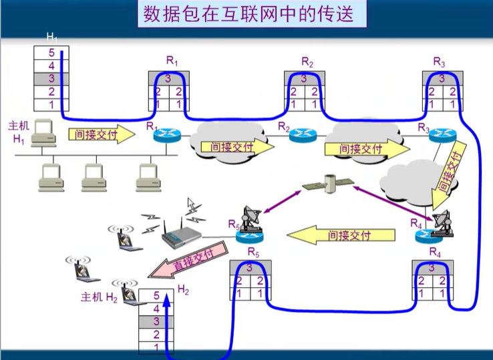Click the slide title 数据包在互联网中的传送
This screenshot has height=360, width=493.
[x=247, y=14]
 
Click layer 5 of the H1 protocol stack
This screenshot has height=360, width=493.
[x=51, y=53]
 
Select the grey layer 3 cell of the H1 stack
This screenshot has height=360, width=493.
[x=51, y=79]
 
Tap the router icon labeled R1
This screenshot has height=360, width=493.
[x=166, y=134]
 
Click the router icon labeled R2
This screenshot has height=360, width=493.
[x=301, y=134]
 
